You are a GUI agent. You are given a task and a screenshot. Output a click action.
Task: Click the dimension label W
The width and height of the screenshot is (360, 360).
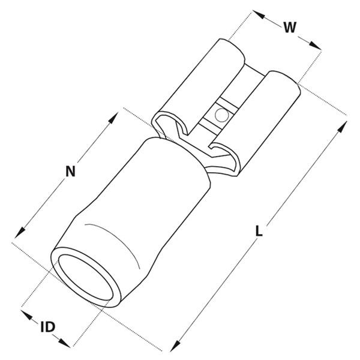[x=290, y=27]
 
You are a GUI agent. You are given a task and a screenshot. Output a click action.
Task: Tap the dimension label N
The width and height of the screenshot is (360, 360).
[x=70, y=171]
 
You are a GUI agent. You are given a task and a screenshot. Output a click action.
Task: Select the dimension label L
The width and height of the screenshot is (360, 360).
[x=259, y=231]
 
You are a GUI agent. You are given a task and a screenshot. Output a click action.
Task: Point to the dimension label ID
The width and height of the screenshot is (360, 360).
[x=48, y=327]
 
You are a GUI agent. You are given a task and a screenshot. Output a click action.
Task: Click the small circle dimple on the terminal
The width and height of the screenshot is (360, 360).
[x=221, y=115]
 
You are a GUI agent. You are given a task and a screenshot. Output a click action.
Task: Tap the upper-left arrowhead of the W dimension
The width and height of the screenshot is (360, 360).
[x=259, y=14]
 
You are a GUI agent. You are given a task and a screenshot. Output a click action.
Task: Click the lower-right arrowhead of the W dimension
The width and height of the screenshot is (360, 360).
[x=315, y=46]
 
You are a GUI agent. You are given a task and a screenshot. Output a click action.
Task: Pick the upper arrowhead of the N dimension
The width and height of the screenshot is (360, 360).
[x=113, y=118]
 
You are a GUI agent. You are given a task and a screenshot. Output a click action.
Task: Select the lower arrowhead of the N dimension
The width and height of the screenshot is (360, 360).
[x=20, y=232]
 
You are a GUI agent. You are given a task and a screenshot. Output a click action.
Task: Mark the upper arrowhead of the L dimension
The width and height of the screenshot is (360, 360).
[x=342, y=127]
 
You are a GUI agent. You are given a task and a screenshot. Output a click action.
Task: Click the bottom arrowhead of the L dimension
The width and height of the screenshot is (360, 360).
[x=175, y=346]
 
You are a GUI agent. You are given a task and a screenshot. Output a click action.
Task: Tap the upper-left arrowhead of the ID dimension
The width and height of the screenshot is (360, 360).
[x=26, y=315]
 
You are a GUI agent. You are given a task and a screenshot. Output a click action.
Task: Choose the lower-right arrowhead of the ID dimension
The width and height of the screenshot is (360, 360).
[x=64, y=343]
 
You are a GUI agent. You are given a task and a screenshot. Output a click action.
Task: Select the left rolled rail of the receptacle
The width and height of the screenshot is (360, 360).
[x=197, y=87]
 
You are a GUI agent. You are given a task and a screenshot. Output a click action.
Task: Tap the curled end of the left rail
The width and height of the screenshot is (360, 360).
[x=170, y=125]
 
